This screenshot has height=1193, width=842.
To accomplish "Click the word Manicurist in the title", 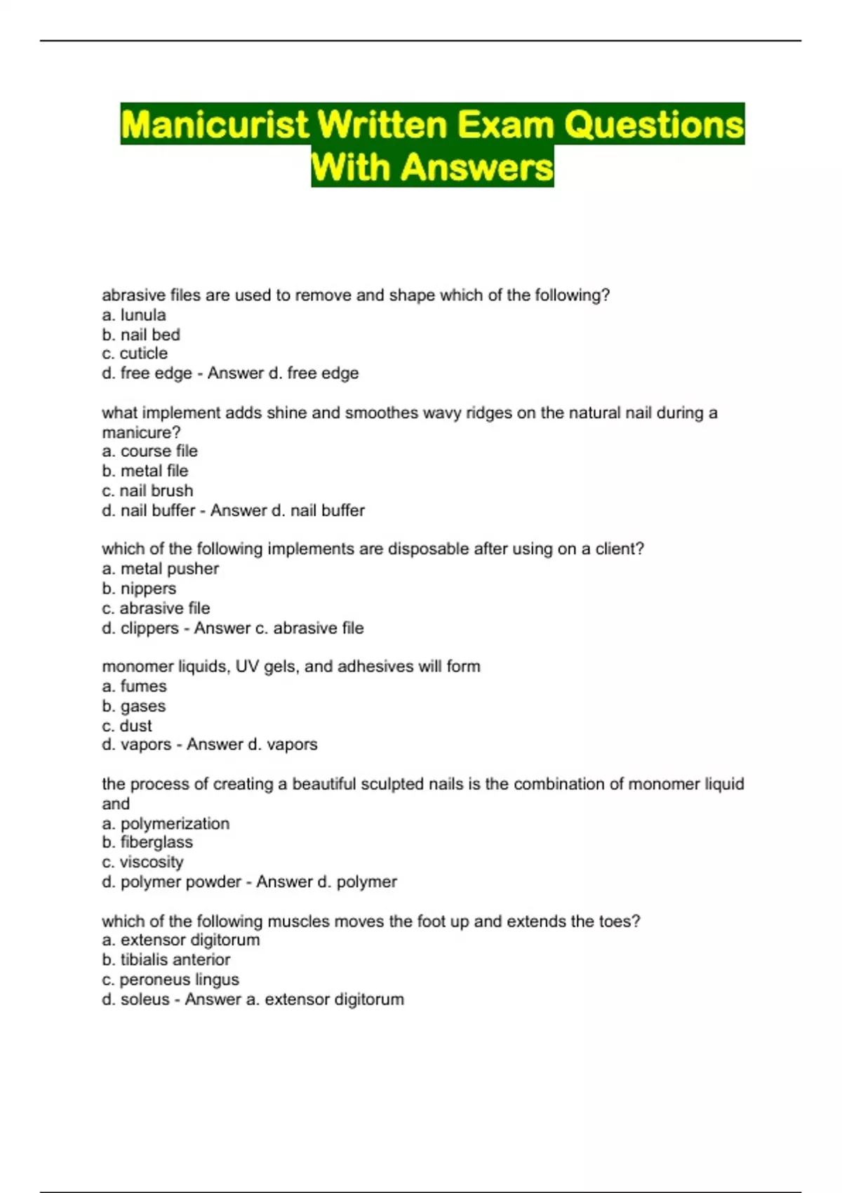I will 215,125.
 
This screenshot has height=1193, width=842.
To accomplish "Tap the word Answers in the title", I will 478,168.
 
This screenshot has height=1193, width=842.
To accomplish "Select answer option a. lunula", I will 134,315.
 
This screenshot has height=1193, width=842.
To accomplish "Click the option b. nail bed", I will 141,335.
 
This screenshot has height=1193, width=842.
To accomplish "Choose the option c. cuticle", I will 135,354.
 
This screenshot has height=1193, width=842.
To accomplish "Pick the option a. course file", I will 149,451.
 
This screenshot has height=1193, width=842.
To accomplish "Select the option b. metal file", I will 145,471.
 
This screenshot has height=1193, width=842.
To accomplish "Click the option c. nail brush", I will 147,491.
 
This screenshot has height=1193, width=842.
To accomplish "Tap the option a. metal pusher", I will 160,569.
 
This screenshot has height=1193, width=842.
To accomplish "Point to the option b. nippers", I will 139,589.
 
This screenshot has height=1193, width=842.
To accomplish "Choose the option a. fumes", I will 134,686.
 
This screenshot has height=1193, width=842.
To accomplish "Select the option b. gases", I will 134,706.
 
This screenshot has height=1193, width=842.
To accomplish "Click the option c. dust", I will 127,726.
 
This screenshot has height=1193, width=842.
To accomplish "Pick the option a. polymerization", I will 166,824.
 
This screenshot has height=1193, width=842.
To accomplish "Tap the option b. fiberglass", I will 147,842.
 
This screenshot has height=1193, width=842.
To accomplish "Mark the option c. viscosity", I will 142,862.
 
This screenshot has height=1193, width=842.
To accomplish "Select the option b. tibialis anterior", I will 166,960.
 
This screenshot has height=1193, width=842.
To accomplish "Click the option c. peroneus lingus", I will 171,980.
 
